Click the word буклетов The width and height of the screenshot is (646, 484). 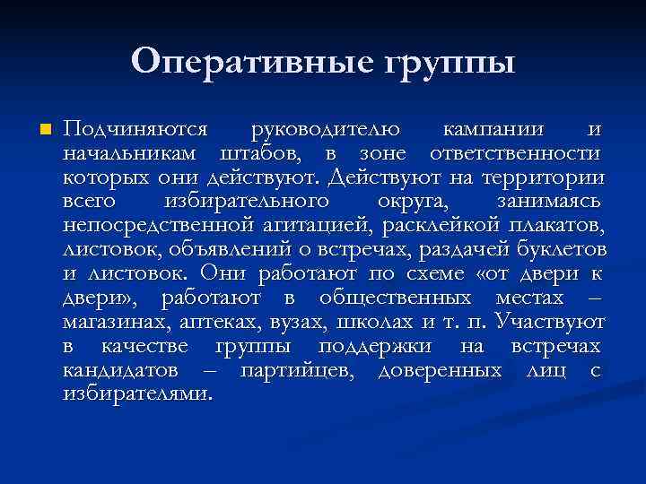(x=563, y=248)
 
